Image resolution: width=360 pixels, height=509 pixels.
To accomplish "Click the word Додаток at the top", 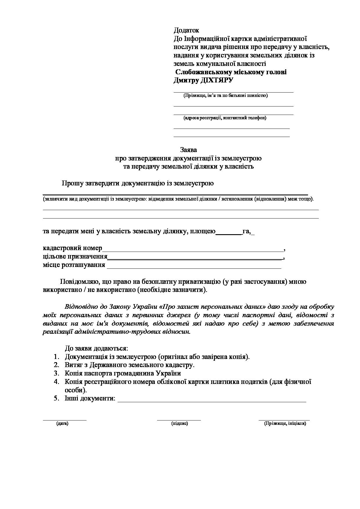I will pyautogui.click(x=186, y=30).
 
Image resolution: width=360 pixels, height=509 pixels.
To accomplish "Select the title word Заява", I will pyautogui.click(x=188, y=150).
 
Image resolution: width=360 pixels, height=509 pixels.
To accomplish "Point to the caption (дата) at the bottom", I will pyautogui.click(x=62, y=423).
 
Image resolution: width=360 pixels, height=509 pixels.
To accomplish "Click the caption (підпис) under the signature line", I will pyautogui.click(x=180, y=423).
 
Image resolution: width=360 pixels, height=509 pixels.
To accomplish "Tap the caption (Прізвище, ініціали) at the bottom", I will pyautogui.click(x=285, y=423).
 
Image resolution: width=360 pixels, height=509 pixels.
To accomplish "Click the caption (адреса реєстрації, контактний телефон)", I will pyautogui.click(x=225, y=118).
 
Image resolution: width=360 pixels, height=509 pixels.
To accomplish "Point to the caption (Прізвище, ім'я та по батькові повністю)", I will pyautogui.click(x=225, y=95).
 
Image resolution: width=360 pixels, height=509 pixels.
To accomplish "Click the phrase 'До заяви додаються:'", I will pyautogui.click(x=96, y=348).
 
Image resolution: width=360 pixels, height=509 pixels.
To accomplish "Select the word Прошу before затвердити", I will pyautogui.click(x=72, y=183).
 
